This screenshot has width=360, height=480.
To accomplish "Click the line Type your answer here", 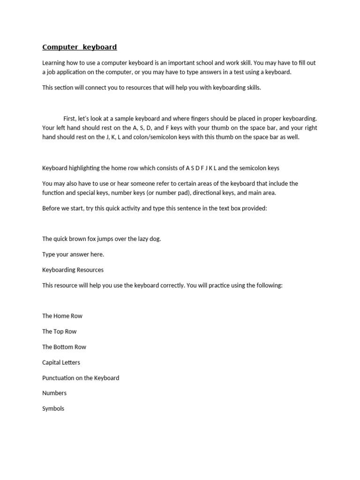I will click(73, 254).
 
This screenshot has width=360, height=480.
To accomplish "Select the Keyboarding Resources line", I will click(73, 270).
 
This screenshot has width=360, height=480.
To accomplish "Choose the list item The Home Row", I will click(62, 316).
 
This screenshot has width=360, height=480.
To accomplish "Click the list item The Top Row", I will click(59, 331).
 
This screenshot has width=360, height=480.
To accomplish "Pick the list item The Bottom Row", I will click(64, 347).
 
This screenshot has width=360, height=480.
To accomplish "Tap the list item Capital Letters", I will click(61, 362).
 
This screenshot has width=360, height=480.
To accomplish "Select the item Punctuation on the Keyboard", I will click(81, 378).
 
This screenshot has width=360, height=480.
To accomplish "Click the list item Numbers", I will click(54, 393).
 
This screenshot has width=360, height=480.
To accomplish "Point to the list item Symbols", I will click(53, 408).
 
